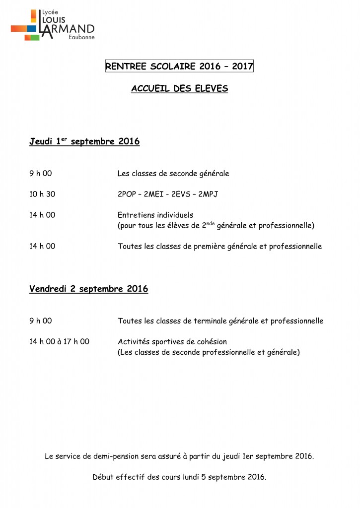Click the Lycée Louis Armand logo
point(52,24)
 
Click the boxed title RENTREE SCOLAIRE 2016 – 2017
point(179,66)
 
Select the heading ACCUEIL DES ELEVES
point(179,89)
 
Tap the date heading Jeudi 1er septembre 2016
point(84,142)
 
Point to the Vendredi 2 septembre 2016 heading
point(88,289)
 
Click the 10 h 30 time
point(42,194)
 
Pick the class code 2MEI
point(154,194)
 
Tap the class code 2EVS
point(181,194)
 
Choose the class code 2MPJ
point(208,194)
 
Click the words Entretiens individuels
point(155,215)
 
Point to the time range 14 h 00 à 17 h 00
point(59,342)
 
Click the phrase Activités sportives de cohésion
point(172,342)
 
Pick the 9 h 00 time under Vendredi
point(40,321)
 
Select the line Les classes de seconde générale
point(173,174)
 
